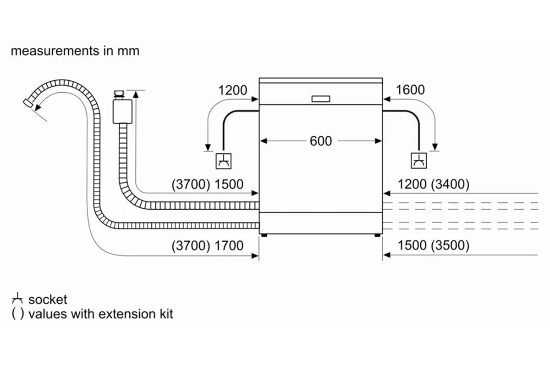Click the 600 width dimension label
pos(320,141)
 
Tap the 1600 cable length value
pos(410,90)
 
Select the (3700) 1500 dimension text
pos(208,184)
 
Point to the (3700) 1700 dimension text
pos(208,246)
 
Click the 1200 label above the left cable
pos(232,90)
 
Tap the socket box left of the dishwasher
pos(224,161)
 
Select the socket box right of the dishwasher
pos(418,161)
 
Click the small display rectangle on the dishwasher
pos(320,99)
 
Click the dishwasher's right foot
pos(378,235)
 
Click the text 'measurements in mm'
pos(75,50)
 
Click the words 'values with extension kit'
pos(101,315)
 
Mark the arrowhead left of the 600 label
pos(264,141)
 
